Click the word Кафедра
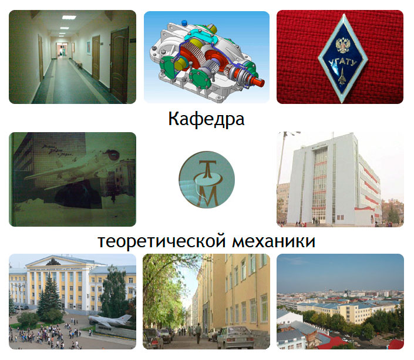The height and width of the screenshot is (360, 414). tap(206, 119)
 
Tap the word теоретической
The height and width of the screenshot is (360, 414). tap(161, 241)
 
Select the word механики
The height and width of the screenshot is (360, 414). tap(274, 241)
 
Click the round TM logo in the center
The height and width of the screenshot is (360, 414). tap(207, 180)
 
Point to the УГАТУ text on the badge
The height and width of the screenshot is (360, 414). tap(342, 63)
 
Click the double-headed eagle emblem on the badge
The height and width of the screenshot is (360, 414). tap(343, 45)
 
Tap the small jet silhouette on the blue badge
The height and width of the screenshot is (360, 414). tap(342, 76)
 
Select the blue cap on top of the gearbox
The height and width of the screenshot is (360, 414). tap(184, 22)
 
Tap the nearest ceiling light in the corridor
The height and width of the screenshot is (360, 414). tap(69, 18)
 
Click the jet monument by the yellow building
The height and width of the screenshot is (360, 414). tap(110, 320)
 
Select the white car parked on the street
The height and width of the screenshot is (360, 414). tap(235, 337)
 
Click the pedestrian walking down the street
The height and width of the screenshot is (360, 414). tap(198, 334)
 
